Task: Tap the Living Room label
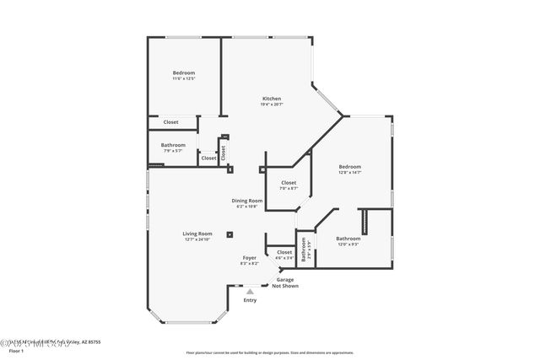(197, 234)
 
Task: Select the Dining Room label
(247, 201)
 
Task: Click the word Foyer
(249, 257)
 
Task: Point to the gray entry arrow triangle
(250, 292)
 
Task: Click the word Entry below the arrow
(250, 300)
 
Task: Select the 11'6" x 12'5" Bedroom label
(184, 73)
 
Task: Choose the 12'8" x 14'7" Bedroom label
(349, 167)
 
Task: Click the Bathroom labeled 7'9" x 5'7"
(173, 144)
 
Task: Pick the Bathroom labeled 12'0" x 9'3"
(348, 239)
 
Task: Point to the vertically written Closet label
(224, 153)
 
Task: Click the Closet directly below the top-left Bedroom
(170, 122)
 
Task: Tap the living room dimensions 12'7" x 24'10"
(197, 239)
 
